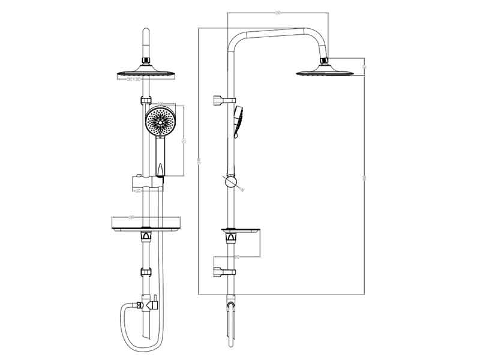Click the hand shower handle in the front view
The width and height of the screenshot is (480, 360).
coord(160,156)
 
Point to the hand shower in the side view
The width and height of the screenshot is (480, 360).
coord(238,120)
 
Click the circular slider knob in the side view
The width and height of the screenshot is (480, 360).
coord(231,183)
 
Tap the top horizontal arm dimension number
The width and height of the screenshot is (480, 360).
coord(278,13)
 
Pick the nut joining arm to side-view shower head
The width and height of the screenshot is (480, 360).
coord(325,61)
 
